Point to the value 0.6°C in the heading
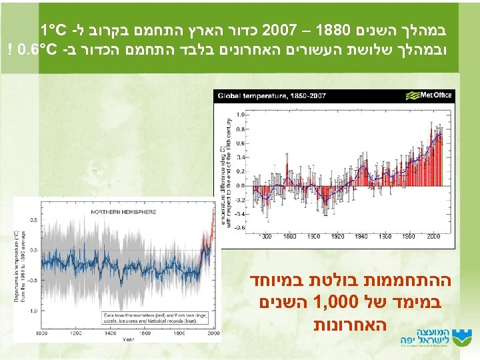pos(39,48)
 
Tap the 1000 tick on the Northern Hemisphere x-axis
pos(43,331)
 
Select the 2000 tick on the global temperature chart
pos(433,237)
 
